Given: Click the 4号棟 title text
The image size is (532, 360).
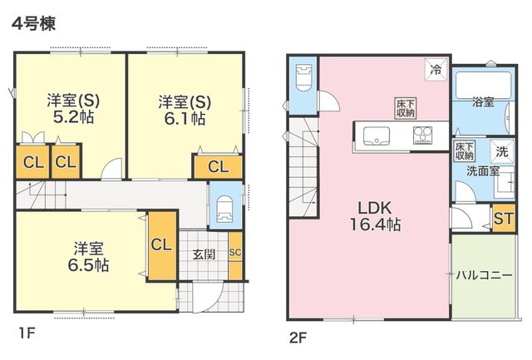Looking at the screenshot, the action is [33, 24].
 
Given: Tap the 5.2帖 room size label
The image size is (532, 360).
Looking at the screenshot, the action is [73, 117].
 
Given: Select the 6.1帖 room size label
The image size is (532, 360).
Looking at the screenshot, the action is [185, 119].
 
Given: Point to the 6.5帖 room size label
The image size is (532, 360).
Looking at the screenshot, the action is [88, 265].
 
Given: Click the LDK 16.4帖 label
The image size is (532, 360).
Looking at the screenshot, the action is [375, 216].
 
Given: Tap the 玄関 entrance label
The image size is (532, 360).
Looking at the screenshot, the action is [204, 254].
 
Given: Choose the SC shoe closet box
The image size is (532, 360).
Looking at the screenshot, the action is [235, 253].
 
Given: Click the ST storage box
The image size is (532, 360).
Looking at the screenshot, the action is [504, 219].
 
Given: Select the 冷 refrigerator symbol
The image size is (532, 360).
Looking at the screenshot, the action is [436, 70].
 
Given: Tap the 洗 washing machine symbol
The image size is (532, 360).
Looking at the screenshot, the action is [502, 151].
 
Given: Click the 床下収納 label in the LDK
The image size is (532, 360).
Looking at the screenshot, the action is [406, 108].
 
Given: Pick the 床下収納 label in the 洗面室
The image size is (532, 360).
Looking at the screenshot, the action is [464, 151].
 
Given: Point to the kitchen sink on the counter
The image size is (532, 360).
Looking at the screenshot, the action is [377, 136].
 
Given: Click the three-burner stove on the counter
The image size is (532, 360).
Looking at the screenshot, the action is [422, 136].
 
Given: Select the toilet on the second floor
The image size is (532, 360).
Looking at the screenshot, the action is [303, 77].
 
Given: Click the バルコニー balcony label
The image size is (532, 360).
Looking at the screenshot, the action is [484, 275].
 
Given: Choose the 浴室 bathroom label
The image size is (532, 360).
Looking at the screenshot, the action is [483, 102].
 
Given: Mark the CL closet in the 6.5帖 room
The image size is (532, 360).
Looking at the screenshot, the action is [161, 245].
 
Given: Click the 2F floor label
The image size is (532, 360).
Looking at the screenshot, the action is [298, 338].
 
